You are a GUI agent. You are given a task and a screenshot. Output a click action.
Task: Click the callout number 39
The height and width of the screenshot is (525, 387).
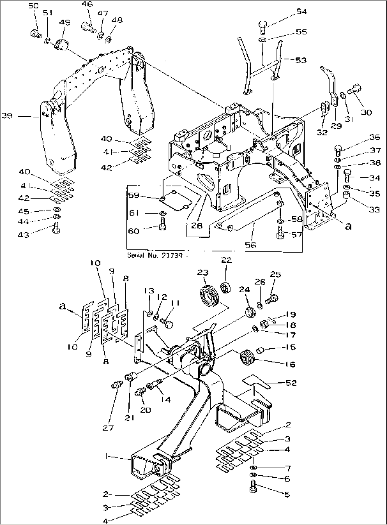(x=7, y=116)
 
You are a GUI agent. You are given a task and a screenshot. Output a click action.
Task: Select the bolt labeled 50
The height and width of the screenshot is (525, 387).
(x=34, y=34)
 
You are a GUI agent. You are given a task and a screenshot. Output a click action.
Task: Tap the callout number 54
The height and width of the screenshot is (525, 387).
(x=301, y=12)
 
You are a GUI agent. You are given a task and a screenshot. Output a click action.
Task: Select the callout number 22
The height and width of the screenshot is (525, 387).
(x=227, y=260)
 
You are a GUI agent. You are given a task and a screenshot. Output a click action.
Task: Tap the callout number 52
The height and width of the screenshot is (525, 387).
(x=291, y=383)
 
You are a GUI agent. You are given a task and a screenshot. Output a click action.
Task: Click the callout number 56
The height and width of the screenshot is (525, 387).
(x=251, y=245)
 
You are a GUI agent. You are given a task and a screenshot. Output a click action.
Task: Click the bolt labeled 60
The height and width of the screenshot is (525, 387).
(x=162, y=225)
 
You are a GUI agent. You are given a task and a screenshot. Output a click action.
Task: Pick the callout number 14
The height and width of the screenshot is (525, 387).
(x=166, y=399)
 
